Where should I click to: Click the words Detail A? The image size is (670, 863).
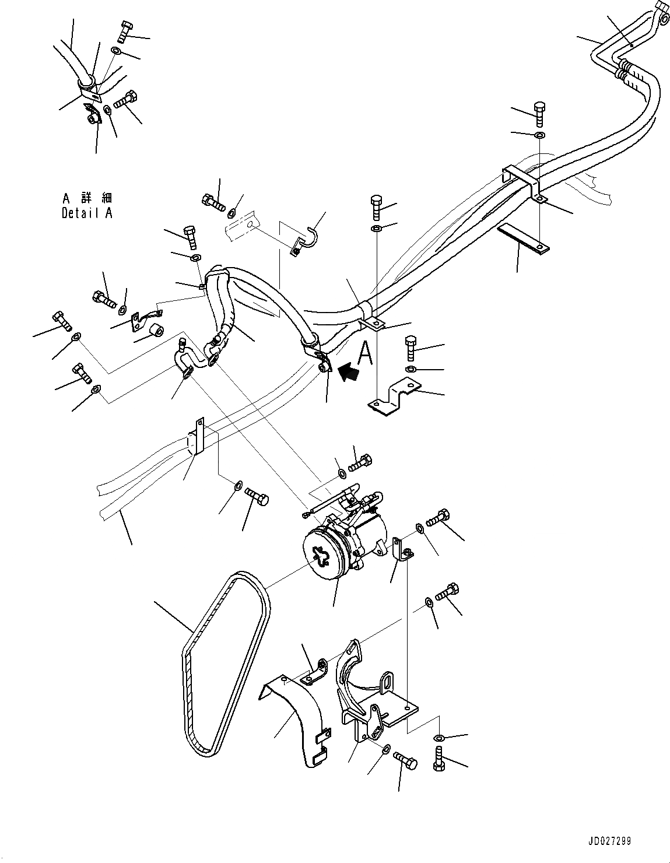coord(87,213)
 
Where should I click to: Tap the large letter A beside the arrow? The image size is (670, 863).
coord(366,353)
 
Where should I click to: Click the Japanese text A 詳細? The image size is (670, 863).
coord(87,199)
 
